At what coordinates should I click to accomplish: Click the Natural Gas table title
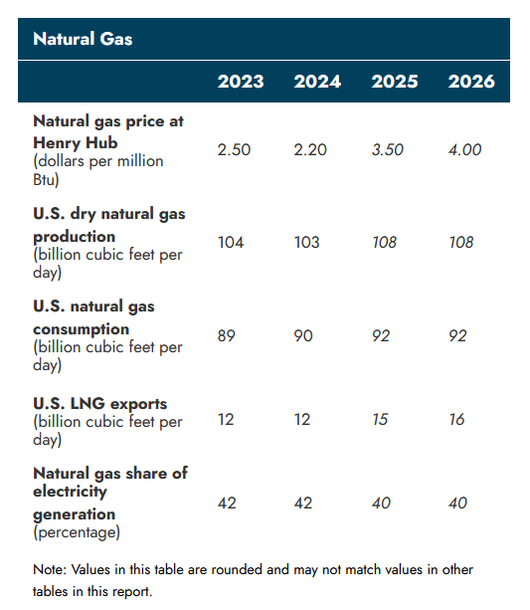pos(83,39)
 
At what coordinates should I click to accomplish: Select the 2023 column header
pos(241,82)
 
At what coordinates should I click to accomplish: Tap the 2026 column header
pos(471,82)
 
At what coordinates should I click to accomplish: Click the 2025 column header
pos(395,82)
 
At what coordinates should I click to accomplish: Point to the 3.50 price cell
pos(388,149)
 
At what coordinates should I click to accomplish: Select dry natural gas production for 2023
pos(231,243)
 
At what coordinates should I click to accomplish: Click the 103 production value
pos(308,243)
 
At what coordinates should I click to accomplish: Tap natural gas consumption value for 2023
pos(228,336)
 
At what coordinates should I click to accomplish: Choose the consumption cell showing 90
pos(303,336)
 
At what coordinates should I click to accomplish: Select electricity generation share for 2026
pos(457,504)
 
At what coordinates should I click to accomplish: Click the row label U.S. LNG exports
pos(99,403)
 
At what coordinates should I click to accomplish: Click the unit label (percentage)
pos(77,532)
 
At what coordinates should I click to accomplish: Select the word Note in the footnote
pos(50,569)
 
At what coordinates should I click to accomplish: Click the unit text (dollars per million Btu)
pos(97,169)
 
